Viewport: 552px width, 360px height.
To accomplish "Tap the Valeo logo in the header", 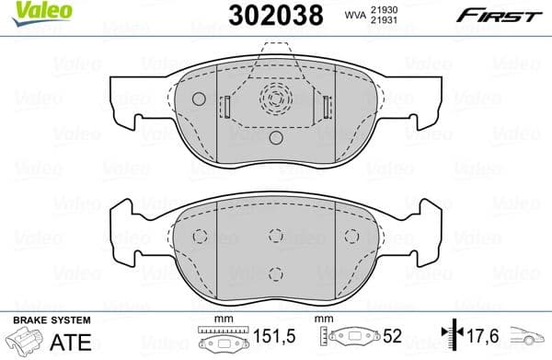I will [x=29, y=11].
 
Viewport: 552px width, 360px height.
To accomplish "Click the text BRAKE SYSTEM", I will [x=51, y=319].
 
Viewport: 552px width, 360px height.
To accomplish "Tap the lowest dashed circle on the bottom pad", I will [x=275, y=271].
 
